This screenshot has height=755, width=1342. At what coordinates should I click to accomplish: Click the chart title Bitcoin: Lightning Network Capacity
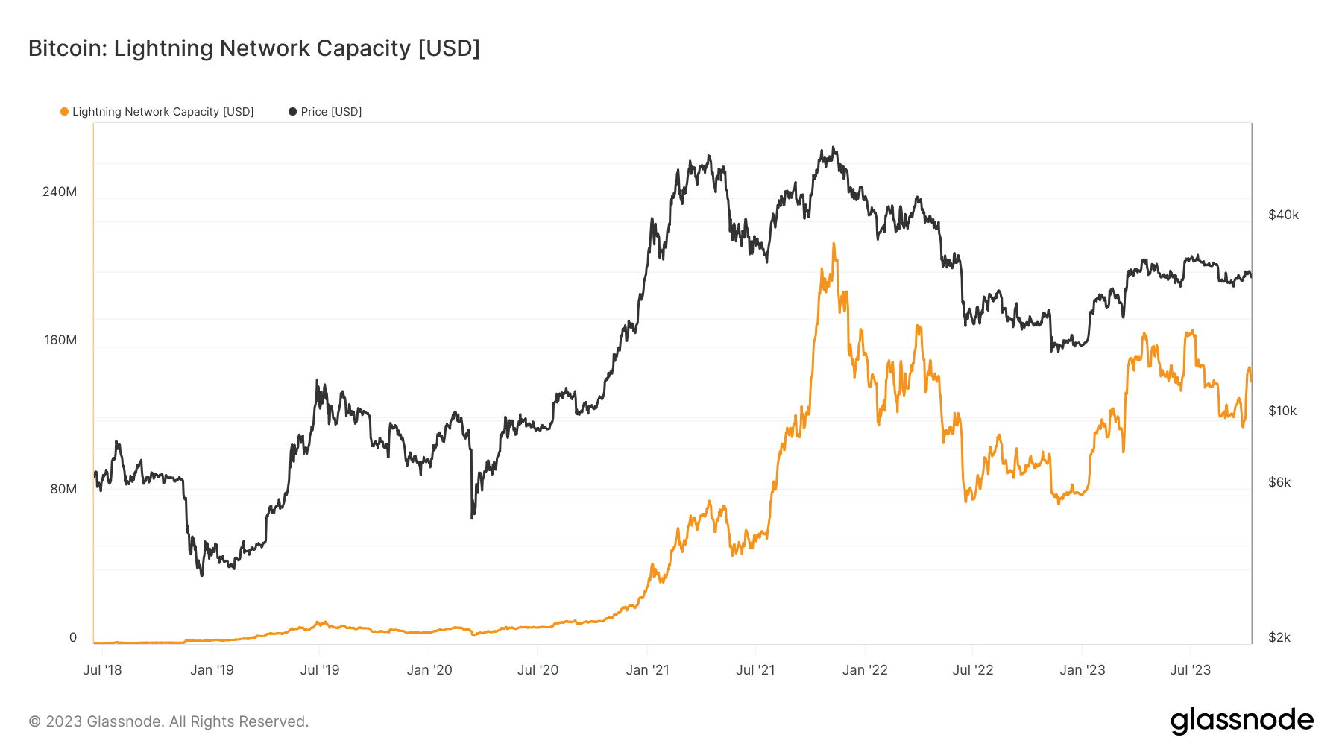click(x=253, y=48)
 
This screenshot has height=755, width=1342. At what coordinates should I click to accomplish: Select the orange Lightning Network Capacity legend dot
click(x=64, y=112)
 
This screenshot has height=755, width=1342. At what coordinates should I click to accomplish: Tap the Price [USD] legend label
click(x=331, y=112)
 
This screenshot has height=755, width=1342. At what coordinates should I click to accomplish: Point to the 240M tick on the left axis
click(x=60, y=192)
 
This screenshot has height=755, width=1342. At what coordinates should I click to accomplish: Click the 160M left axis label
click(x=60, y=340)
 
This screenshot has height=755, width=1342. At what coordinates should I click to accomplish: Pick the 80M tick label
click(x=63, y=489)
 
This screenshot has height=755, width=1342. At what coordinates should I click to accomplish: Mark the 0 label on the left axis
click(x=73, y=637)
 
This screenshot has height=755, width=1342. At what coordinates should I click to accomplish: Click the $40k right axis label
click(x=1283, y=215)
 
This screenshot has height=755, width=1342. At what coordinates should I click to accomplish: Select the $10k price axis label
click(x=1282, y=411)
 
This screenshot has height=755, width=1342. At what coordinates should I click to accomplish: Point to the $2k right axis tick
click(x=1279, y=637)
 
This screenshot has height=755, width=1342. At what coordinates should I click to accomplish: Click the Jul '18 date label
click(x=102, y=669)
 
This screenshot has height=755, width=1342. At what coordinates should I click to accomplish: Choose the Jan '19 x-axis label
click(x=212, y=669)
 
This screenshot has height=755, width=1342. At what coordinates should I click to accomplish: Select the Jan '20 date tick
click(x=429, y=669)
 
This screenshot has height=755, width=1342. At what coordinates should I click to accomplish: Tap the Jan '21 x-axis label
click(x=647, y=669)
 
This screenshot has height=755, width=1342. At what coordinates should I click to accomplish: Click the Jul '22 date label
click(x=973, y=669)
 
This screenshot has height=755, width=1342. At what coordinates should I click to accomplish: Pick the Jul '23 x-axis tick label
click(x=1190, y=669)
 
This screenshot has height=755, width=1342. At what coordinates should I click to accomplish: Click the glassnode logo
click(x=1241, y=721)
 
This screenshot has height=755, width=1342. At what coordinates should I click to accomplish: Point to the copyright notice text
click(x=168, y=721)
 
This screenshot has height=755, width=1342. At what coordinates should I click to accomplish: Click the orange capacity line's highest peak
click(x=834, y=244)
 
